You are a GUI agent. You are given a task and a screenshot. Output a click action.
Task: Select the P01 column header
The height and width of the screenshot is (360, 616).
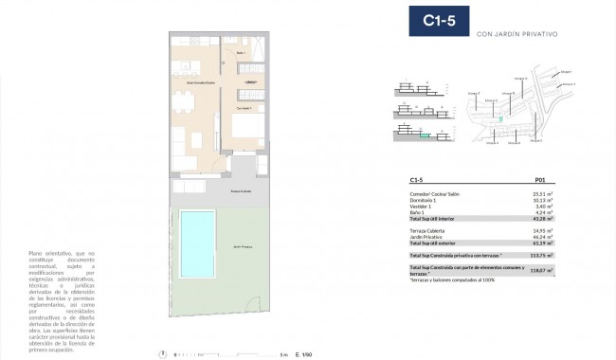point(540,180)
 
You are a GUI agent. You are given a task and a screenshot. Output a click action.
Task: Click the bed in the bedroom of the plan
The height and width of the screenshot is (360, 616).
point(249,128)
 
